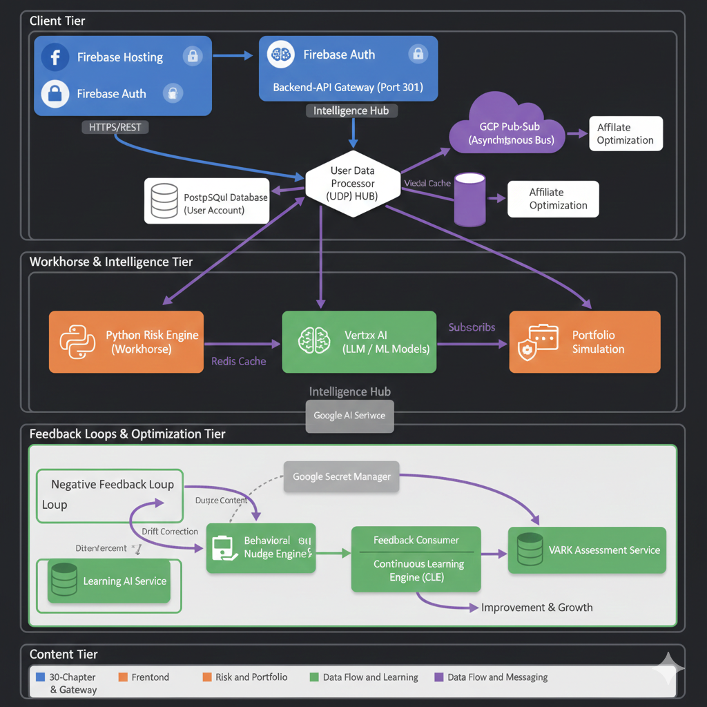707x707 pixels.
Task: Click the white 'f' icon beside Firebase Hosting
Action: [55, 57]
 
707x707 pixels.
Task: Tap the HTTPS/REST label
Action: [115, 127]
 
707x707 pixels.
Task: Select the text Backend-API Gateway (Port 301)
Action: [348, 88]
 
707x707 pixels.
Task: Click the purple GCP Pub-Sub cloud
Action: [505, 128]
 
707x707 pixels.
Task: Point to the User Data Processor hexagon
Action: [353, 184]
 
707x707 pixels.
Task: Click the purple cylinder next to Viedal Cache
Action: [469, 199]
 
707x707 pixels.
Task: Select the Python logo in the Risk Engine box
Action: [77, 342]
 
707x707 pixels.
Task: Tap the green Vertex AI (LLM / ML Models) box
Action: [359, 342]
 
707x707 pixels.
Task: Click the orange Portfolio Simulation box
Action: [585, 342]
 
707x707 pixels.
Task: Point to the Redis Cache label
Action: [238, 361]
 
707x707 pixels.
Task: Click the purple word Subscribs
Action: [472, 327]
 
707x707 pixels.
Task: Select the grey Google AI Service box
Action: [349, 416]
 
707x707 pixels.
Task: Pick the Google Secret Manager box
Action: [342, 476]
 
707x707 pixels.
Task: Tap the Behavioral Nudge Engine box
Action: [261, 548]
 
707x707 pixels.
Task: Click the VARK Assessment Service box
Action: [587, 550]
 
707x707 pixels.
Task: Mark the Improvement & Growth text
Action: [536, 608]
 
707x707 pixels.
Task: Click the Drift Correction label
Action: [170, 532]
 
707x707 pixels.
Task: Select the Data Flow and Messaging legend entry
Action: [497, 677]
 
